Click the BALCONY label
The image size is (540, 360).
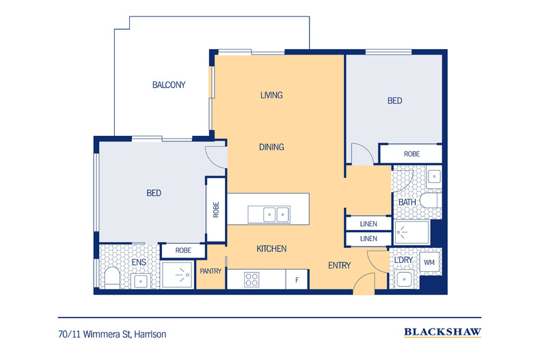[169, 85]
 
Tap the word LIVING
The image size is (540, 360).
[271, 95]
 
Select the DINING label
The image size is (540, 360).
[271, 147]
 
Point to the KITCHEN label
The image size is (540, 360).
[271, 249]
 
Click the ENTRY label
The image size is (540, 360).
[339, 265]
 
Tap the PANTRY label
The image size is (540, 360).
[211, 271]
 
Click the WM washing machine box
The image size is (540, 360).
[429, 262]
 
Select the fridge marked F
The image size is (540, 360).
[297, 279]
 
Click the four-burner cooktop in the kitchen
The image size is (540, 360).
[252, 279]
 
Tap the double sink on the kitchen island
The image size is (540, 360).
[269, 214]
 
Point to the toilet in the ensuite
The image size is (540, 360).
[112, 278]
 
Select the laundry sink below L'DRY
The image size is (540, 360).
[404, 279]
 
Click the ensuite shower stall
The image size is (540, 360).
[177, 275]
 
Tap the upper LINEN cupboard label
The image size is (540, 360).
[368, 224]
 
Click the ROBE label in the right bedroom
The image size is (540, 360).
[412, 154]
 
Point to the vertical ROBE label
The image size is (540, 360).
[216, 210]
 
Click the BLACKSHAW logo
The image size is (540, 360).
[442, 332]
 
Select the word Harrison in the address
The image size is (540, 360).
[150, 334]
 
